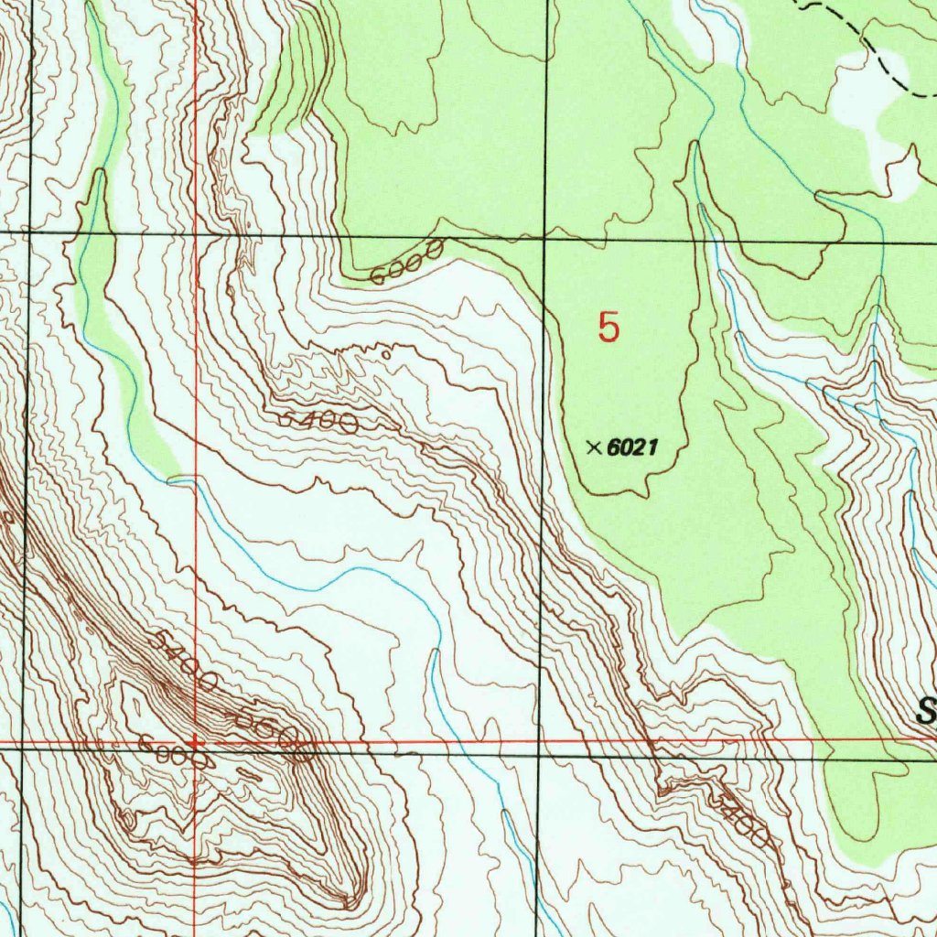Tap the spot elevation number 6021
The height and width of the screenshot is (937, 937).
[633, 447]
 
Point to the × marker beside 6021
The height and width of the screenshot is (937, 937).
[593, 447]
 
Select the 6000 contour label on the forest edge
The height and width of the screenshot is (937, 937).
[408, 262]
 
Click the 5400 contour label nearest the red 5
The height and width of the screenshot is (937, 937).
[318, 421]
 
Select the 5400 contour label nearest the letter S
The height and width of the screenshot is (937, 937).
[743, 820]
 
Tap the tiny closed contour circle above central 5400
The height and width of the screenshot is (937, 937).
[386, 353]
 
